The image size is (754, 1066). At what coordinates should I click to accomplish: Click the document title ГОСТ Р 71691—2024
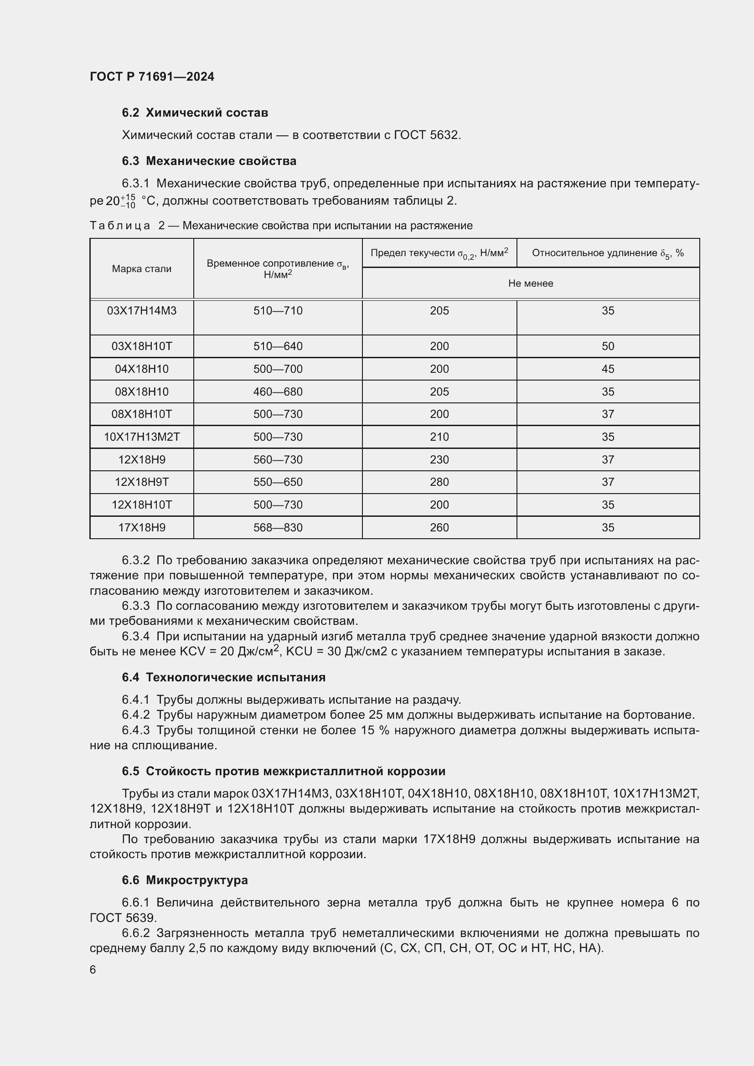(x=152, y=77)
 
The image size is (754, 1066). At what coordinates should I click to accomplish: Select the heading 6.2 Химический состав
(x=195, y=113)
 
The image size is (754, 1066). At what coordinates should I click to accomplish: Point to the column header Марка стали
(x=142, y=269)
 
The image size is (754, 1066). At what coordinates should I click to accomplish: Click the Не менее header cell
(x=530, y=283)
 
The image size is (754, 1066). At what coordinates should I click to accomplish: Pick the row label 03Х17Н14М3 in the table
(x=142, y=311)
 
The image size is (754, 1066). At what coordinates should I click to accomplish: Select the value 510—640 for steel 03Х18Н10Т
(x=278, y=346)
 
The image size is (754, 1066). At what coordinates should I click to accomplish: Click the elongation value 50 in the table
(x=608, y=346)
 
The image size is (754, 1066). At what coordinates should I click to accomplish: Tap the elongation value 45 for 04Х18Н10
(x=608, y=369)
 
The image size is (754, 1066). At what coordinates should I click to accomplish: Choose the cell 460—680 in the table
(x=278, y=392)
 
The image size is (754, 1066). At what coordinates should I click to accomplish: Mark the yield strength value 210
(x=439, y=437)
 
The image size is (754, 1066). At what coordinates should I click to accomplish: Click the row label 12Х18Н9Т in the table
(x=142, y=482)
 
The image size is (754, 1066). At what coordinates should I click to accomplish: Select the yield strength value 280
(x=439, y=482)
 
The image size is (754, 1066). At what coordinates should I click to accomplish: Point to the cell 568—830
(x=278, y=527)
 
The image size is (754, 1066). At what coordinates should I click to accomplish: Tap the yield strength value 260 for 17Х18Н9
(x=439, y=527)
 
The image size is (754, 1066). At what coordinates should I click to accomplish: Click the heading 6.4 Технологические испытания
(x=223, y=677)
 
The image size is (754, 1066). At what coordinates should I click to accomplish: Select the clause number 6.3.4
(x=135, y=637)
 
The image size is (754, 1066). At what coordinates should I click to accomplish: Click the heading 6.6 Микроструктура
(x=185, y=881)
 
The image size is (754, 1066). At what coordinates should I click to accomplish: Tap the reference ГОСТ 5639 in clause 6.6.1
(x=123, y=918)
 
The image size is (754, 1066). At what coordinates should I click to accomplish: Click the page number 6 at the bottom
(x=93, y=970)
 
